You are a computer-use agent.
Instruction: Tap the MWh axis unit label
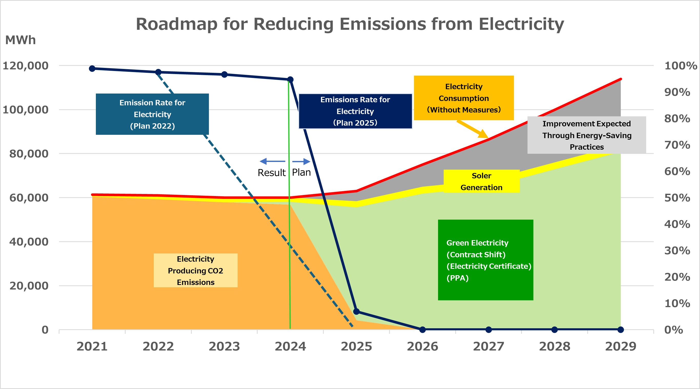21,40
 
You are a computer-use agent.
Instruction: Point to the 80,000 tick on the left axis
29,154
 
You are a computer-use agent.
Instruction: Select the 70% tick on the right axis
677,145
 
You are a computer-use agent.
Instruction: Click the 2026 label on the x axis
422,346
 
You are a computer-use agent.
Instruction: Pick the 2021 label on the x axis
92,346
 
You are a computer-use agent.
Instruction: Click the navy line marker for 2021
92,68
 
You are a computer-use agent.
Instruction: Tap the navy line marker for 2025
356,311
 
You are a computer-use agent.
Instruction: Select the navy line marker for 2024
290,80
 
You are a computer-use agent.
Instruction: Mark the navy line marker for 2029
621,330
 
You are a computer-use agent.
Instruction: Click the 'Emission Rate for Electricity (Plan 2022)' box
152,114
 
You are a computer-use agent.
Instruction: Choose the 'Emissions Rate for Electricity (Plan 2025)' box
355,111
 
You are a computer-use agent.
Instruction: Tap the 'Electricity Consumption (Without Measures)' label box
464,98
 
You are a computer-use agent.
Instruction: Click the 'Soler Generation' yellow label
481,181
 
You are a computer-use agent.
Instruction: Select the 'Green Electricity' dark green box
485,260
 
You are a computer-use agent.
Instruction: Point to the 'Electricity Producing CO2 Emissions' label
195,270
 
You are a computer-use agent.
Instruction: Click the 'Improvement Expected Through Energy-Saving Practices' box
587,135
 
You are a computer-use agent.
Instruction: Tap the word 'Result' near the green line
271,172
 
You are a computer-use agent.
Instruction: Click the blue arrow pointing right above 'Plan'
301,161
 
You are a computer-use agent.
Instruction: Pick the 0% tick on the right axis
673,330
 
